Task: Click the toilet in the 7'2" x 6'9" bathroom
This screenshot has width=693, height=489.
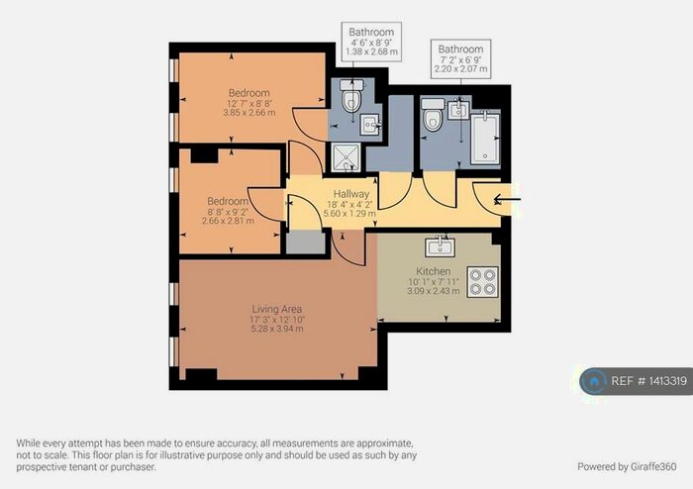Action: [x=433, y=116]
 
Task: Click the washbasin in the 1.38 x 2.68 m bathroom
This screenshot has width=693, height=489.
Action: [x=369, y=124]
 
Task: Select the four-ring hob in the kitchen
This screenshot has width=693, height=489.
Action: [x=482, y=283]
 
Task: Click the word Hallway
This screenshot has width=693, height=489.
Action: [x=350, y=194]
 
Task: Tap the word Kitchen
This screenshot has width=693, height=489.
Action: [x=434, y=271]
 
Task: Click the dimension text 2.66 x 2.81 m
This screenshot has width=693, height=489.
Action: [x=228, y=221]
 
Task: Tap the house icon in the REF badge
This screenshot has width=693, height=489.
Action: [x=594, y=381]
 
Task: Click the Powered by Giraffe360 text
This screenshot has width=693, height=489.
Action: [x=627, y=465]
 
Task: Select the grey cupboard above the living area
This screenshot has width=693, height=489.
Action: [x=305, y=242]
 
